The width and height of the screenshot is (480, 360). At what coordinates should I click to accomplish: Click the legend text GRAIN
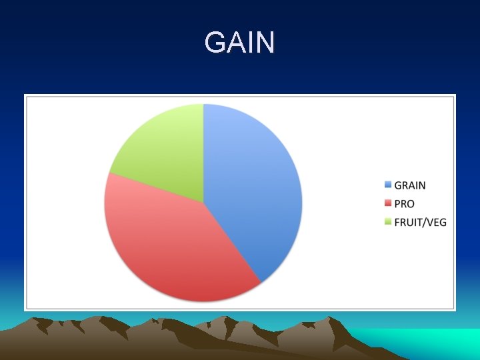click(x=409, y=185)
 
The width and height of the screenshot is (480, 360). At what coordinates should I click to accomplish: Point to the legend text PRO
click(x=404, y=204)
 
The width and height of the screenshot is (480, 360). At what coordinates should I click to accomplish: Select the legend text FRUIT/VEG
click(x=420, y=222)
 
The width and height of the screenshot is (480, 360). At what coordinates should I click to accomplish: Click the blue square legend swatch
click(x=387, y=185)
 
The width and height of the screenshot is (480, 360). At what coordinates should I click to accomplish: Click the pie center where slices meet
click(x=203, y=203)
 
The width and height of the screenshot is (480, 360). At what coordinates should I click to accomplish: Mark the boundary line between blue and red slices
click(x=232, y=243)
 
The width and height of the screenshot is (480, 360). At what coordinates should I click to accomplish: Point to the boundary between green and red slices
click(x=155, y=188)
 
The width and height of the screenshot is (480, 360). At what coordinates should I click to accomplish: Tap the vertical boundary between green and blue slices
click(x=203, y=153)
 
